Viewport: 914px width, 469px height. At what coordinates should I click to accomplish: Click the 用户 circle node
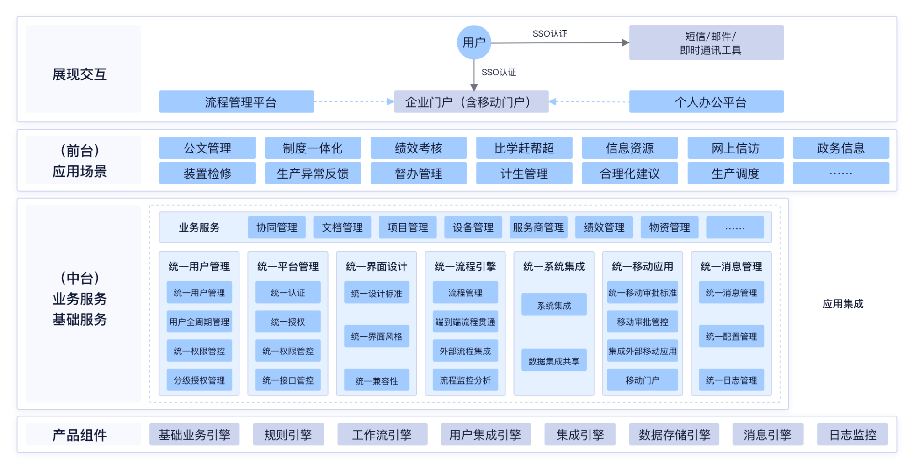pyautogui.click(x=474, y=42)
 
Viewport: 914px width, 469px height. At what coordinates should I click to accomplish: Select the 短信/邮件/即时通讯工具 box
pyautogui.click(x=706, y=43)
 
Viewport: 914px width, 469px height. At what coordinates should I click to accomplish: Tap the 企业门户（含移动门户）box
pyautogui.click(x=471, y=102)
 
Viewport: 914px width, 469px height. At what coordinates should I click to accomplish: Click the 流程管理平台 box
pyautogui.click(x=236, y=102)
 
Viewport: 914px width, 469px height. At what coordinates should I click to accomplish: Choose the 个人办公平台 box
pyautogui.click(x=706, y=102)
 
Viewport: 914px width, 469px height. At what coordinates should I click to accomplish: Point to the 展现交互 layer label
pyautogui.click(x=80, y=74)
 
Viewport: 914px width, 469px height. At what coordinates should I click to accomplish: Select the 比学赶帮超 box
pyautogui.click(x=524, y=148)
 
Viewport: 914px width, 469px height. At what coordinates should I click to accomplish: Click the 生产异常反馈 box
pyautogui.click(x=313, y=173)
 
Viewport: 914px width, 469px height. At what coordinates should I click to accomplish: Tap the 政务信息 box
pyautogui.click(x=840, y=148)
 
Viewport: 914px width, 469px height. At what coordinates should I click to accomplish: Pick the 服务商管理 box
pyautogui.click(x=538, y=227)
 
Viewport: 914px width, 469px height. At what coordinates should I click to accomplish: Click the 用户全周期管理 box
pyautogui.click(x=199, y=321)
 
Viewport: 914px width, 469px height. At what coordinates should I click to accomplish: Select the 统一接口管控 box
pyautogui.click(x=288, y=380)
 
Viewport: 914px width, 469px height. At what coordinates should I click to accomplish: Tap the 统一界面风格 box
pyautogui.click(x=377, y=337)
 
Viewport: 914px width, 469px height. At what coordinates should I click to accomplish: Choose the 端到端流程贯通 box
pyautogui.click(x=465, y=321)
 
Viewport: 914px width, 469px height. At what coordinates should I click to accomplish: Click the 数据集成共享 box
pyautogui.click(x=554, y=361)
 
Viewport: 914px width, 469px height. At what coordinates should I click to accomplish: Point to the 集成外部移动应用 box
pyautogui.click(x=642, y=351)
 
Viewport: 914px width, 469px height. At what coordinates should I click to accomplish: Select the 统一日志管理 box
pyautogui.click(x=731, y=380)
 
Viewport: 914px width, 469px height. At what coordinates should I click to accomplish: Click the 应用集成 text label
pyautogui.click(x=843, y=304)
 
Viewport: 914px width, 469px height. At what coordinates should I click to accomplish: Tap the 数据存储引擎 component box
pyautogui.click(x=674, y=434)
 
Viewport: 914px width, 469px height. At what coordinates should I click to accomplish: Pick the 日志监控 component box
pyautogui.click(x=852, y=434)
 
